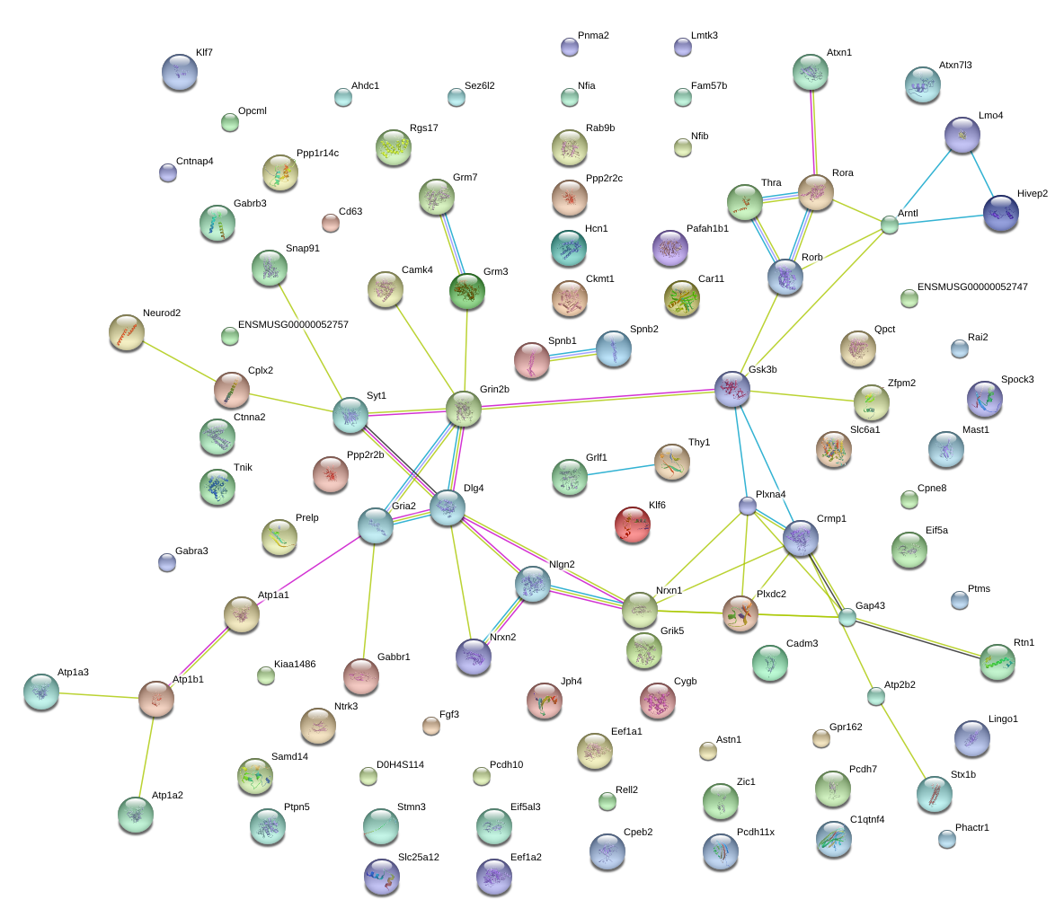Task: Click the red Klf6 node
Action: coord(632,525)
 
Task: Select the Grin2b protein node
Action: coord(464,409)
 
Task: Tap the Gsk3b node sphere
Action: coord(732,389)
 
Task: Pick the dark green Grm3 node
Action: coord(467,291)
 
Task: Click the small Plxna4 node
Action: coord(747,506)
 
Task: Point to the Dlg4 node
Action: coord(448,507)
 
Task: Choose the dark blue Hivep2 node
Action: coord(1001,213)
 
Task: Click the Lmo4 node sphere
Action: coord(962,135)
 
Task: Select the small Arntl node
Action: coord(890,225)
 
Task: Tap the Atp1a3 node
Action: coord(41,692)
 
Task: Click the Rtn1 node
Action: coord(997,662)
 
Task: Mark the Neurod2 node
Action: coord(127,332)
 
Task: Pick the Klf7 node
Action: coord(180,72)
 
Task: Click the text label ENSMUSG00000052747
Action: coord(972,287)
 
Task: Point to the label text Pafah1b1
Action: coord(707,228)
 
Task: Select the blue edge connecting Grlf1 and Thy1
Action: coord(620,470)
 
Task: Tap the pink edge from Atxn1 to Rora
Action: coord(812,132)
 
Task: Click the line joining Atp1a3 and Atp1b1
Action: coord(99,695)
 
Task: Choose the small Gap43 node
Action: coord(847,617)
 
